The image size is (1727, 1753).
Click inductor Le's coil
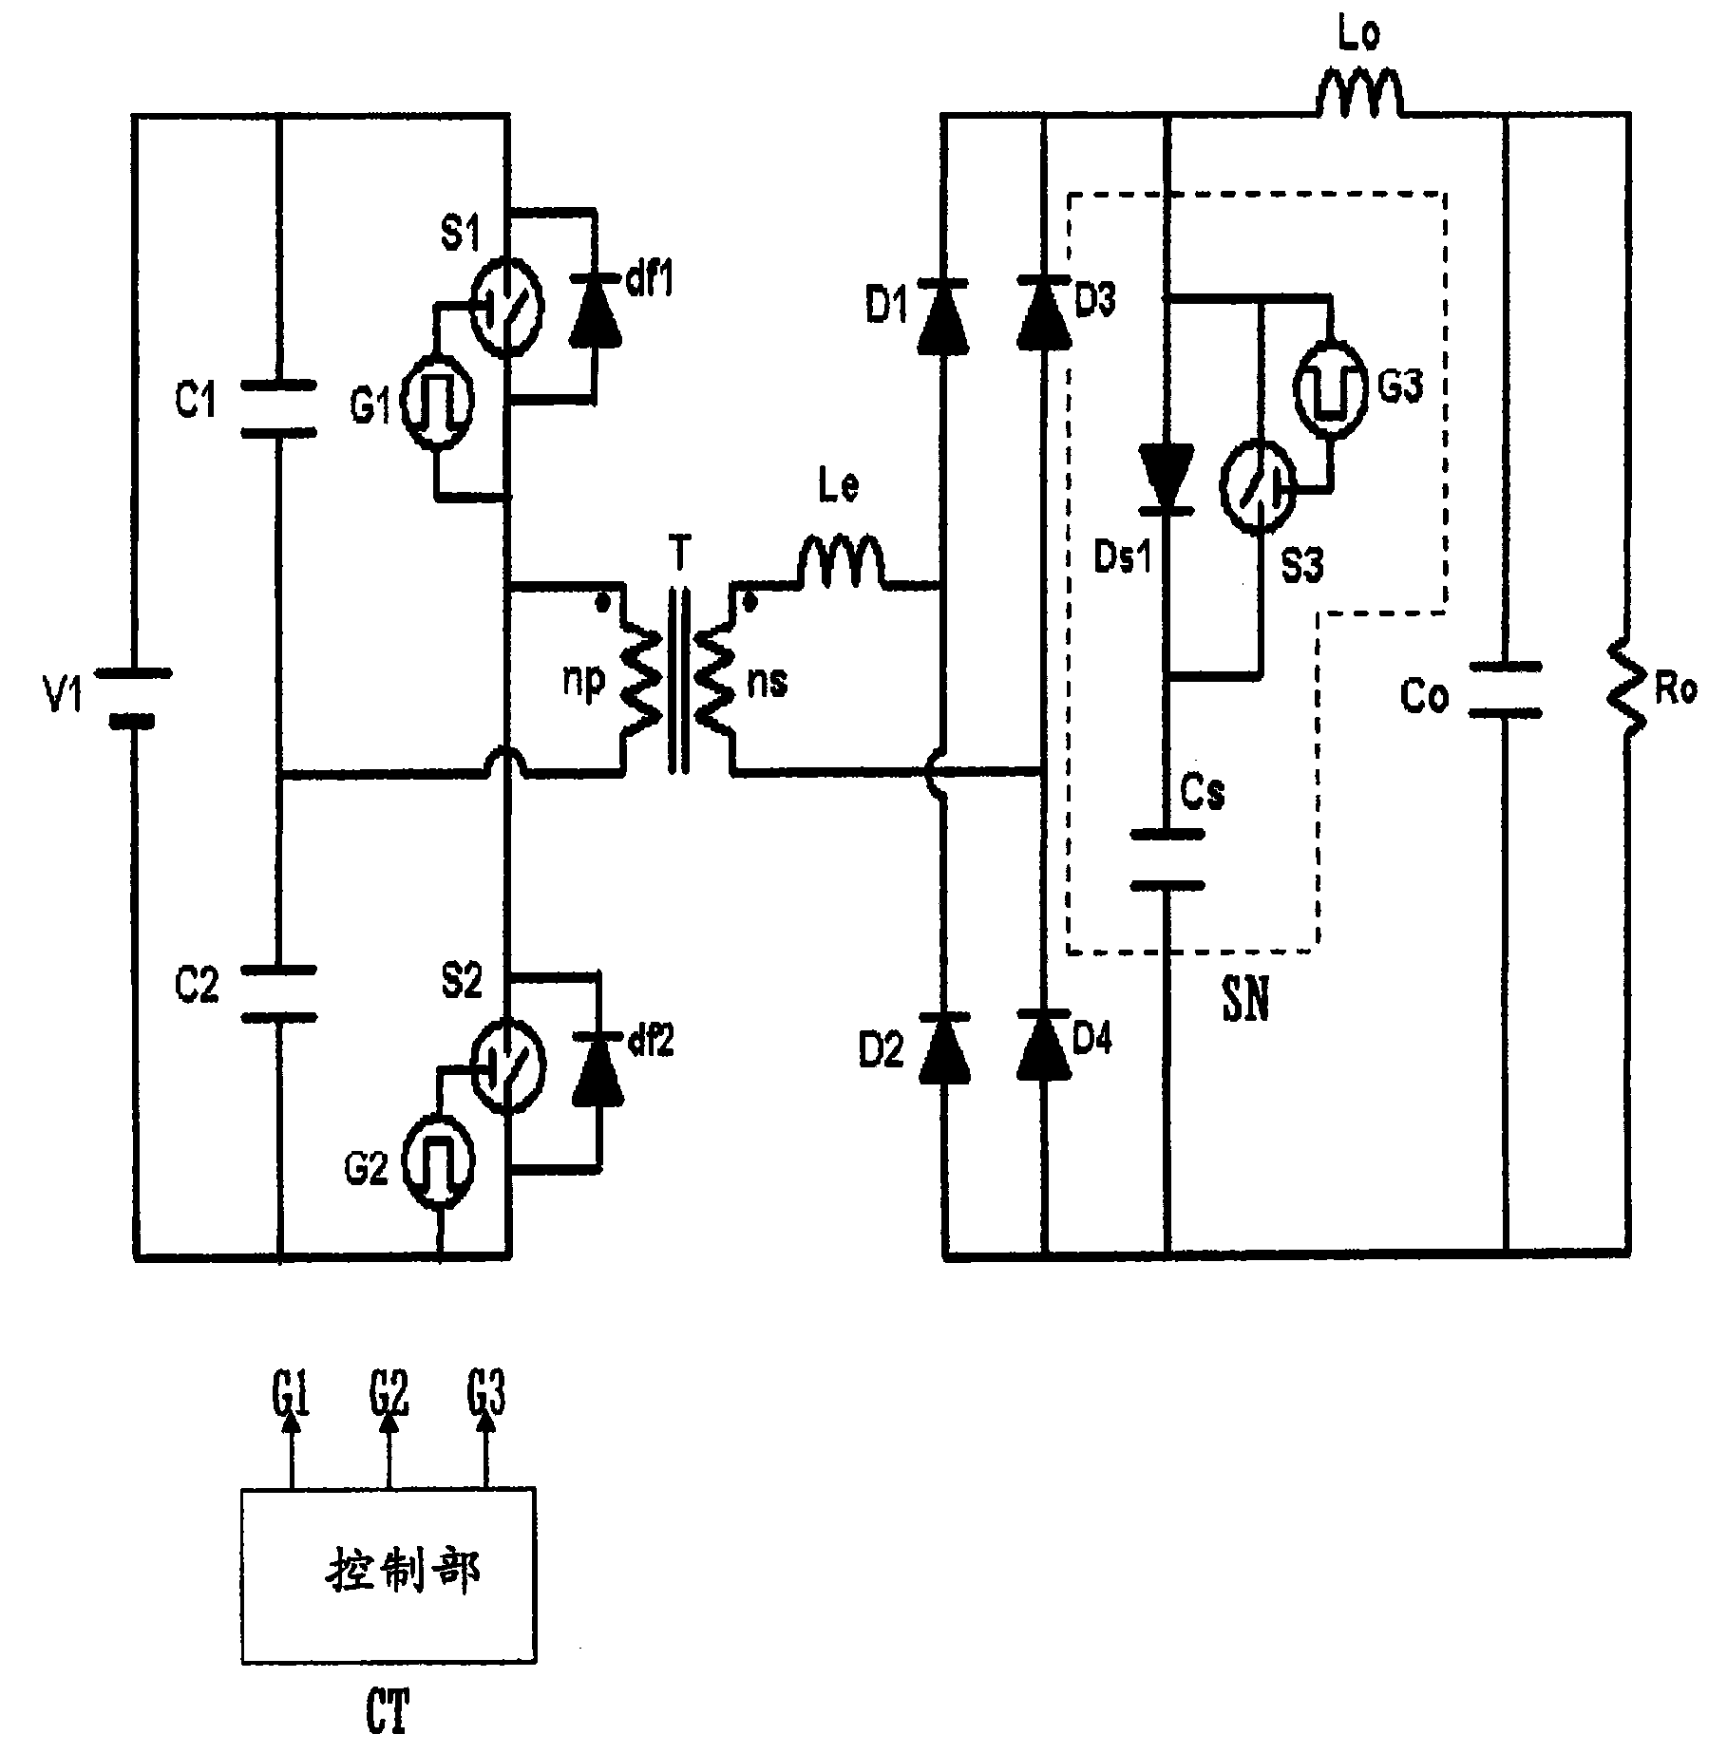click(x=841, y=561)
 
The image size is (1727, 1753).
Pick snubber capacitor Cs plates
click(x=1167, y=859)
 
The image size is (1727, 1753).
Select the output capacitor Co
click(x=1504, y=690)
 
